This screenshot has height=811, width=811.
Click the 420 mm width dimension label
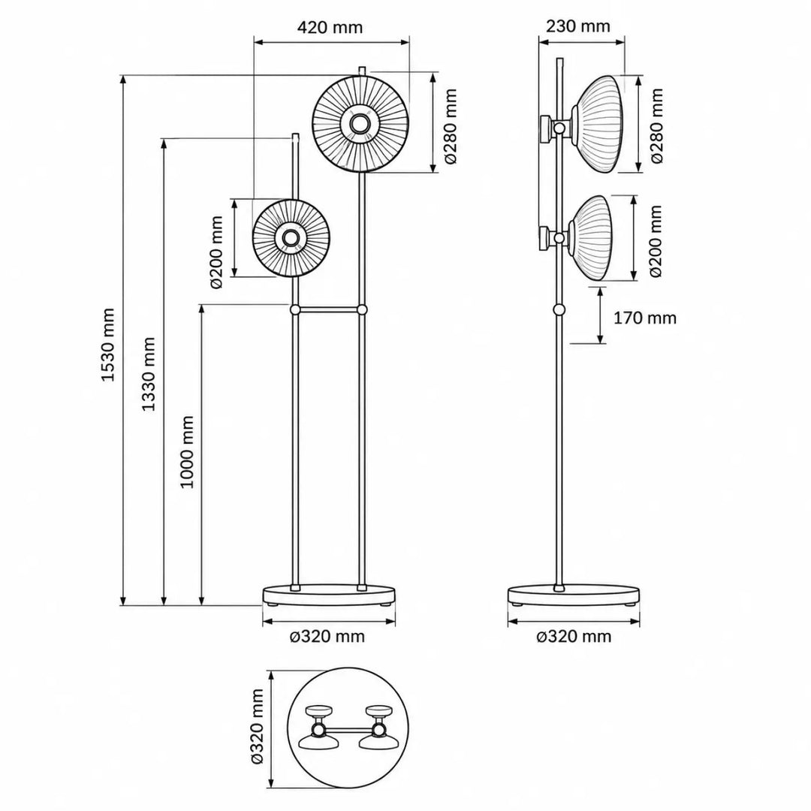[330, 27]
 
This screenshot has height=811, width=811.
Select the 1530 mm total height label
[107, 345]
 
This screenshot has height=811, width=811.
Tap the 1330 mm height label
[149, 374]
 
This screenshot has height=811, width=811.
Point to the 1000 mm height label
[187, 451]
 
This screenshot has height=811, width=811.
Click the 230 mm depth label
[578, 26]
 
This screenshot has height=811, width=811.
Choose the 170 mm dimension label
[645, 318]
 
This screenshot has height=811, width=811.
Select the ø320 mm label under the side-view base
[574, 636]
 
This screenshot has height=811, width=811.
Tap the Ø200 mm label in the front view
[216, 252]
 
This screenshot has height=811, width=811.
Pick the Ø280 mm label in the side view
[657, 125]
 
